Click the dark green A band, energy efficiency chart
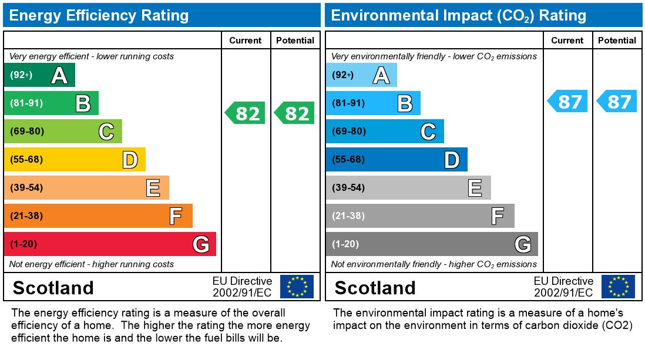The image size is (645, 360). [39, 75]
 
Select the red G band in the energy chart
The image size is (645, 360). [109, 244]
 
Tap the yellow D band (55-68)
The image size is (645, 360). [74, 160]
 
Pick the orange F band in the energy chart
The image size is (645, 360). [98, 216]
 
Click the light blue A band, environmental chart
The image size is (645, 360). [361, 75]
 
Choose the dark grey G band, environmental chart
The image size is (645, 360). [431, 244]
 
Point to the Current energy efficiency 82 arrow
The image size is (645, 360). [246, 113]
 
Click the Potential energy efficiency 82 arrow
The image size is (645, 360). [295, 113]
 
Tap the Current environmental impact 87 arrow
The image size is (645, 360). [567, 102]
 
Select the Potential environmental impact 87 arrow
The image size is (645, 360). [617, 102]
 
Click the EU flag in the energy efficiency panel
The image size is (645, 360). [297, 287]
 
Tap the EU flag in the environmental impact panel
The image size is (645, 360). [618, 287]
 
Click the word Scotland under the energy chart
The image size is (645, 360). [53, 288]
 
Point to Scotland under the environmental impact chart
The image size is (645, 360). [375, 288]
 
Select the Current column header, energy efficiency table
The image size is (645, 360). [245, 41]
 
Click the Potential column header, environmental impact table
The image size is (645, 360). [617, 41]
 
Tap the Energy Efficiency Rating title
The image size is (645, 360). [99, 15]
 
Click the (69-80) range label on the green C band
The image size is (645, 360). [27, 132]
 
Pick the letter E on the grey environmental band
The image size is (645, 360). [475, 188]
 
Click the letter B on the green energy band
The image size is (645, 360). [83, 104]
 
